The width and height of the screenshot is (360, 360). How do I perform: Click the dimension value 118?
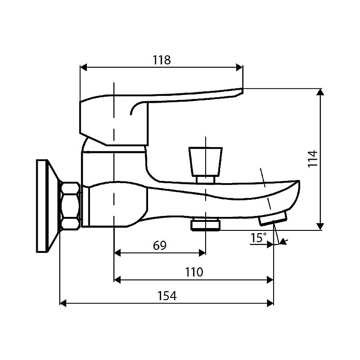click(x=161, y=60)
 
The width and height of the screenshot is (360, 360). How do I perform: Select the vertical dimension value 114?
click(x=313, y=159)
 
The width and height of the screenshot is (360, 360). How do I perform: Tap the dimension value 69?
click(x=160, y=245)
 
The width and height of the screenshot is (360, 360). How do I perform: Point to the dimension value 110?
click(x=193, y=272)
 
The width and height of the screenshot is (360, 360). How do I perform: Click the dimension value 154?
click(x=167, y=296)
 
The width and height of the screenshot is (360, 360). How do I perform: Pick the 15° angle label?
click(x=258, y=238)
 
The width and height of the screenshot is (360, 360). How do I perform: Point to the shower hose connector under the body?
click(x=205, y=224)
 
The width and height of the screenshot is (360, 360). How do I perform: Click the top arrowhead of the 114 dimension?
click(x=320, y=92)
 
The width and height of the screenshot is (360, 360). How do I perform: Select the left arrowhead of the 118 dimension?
click(x=83, y=68)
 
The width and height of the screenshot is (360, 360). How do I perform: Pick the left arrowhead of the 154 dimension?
click(x=63, y=303)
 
